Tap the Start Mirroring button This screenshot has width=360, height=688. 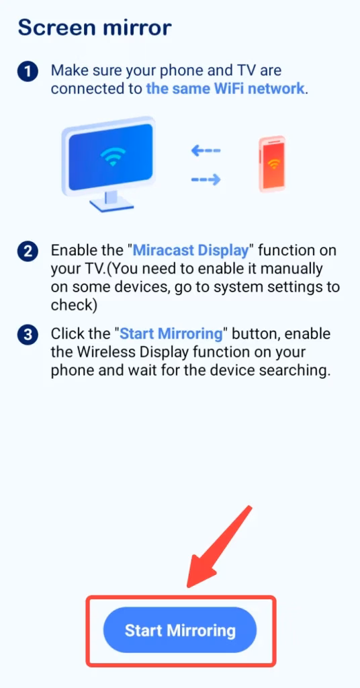(x=180, y=631)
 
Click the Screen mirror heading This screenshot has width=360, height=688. (x=95, y=28)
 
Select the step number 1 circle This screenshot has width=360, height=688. (x=28, y=71)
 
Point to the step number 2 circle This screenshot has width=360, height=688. (x=28, y=252)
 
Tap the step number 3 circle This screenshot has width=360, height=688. (x=28, y=335)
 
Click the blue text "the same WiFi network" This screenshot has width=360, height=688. (x=226, y=89)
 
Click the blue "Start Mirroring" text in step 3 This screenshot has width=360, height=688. (x=171, y=334)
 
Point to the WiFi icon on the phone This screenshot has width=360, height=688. (x=273, y=164)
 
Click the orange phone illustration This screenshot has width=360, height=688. (x=272, y=164)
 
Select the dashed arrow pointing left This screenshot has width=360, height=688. (x=206, y=151)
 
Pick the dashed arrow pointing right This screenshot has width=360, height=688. (x=206, y=179)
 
